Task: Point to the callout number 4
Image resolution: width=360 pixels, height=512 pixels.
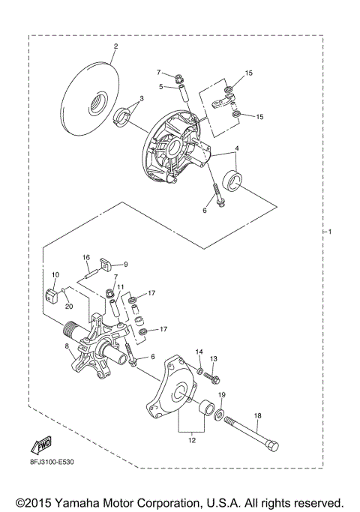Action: (x=238, y=148)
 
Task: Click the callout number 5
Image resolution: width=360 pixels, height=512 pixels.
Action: (x=160, y=86)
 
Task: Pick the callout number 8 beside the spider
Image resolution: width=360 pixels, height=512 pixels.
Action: (x=67, y=346)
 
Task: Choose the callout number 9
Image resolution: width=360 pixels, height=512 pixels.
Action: (x=126, y=264)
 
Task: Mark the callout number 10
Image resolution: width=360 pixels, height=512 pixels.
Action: (x=55, y=275)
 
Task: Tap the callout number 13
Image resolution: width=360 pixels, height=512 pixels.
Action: (x=214, y=358)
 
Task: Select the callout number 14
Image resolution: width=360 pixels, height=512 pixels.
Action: (x=199, y=352)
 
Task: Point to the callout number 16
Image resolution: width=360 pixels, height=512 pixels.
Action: (x=86, y=256)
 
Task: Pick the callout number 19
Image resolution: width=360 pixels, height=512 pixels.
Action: (x=222, y=395)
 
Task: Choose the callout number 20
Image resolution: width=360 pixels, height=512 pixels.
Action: (x=68, y=305)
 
